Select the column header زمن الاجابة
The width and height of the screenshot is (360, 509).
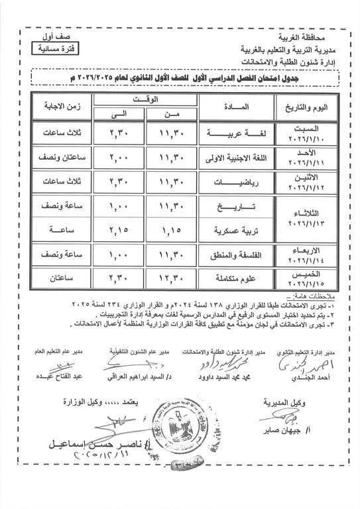click(51, 107)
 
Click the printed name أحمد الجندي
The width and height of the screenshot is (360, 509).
click(316, 377)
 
